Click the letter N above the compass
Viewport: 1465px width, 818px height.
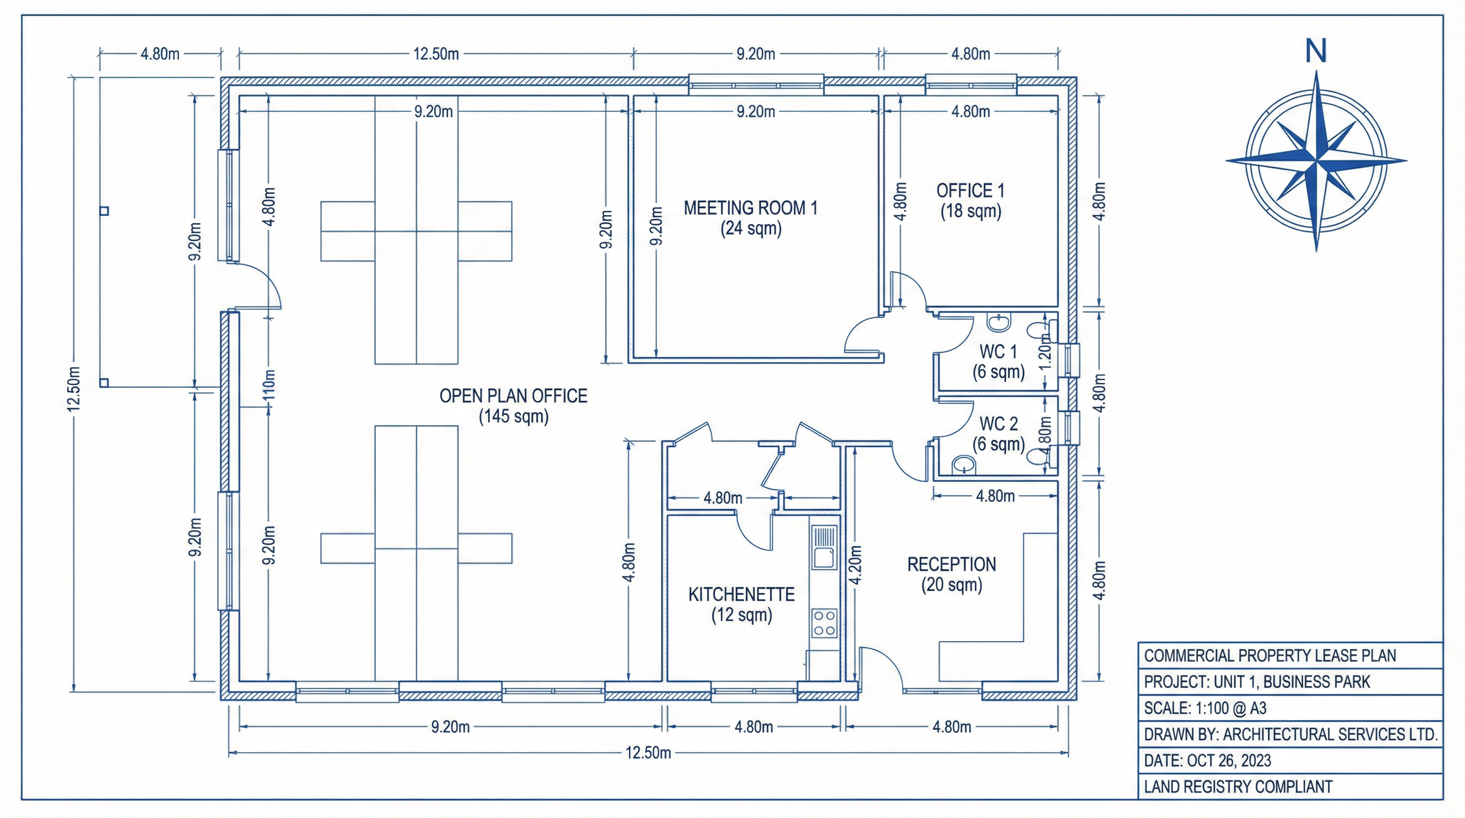point(1315,51)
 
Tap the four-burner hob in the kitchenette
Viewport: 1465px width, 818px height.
point(824,623)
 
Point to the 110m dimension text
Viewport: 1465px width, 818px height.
point(269,385)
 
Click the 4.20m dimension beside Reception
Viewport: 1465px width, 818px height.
point(855,565)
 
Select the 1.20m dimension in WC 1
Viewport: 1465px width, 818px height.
point(1044,351)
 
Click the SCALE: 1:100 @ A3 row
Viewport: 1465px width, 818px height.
point(1205,708)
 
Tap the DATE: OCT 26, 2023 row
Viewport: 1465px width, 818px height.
point(1207,760)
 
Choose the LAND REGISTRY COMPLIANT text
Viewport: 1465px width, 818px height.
point(1238,787)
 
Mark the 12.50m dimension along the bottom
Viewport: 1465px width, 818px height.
point(648,753)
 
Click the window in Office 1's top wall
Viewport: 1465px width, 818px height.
point(970,85)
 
